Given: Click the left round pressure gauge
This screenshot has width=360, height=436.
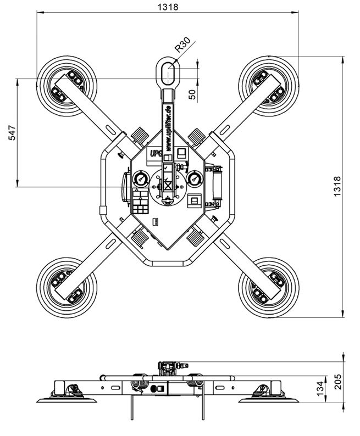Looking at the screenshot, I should pyautogui.click(x=141, y=179).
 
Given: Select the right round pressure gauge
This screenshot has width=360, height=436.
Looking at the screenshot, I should pyautogui.click(x=194, y=179).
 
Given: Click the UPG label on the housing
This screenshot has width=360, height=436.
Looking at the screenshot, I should pyautogui.click(x=154, y=153).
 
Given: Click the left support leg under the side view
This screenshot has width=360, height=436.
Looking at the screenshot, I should pyautogui.click(x=131, y=409).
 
